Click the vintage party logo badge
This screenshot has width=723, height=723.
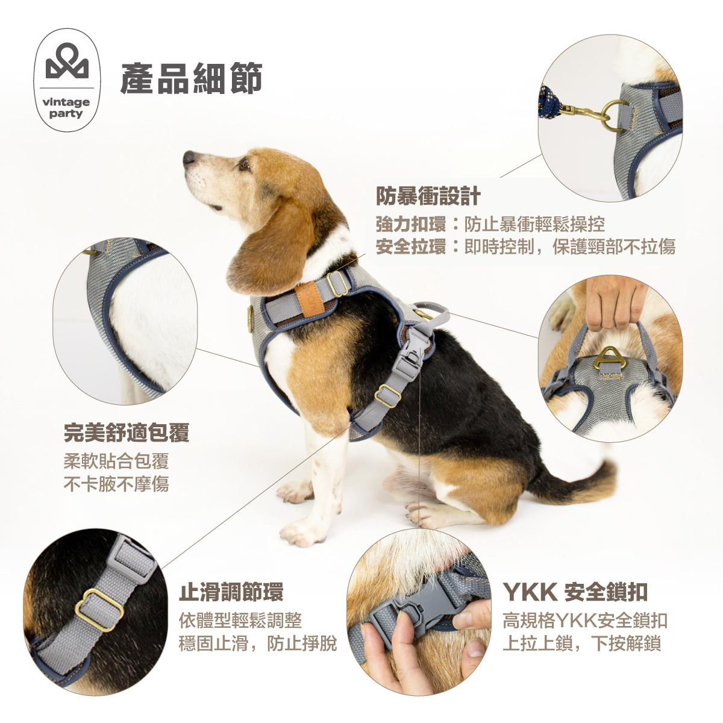[x=66, y=80]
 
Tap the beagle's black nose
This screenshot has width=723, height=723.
[x=189, y=158]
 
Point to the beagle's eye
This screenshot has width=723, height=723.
[x=244, y=163]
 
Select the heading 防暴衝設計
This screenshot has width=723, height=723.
[x=428, y=196]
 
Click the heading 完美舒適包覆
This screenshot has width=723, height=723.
[x=127, y=433]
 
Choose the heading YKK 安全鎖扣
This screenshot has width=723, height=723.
[x=575, y=592]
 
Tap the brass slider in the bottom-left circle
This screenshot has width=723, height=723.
[x=99, y=609]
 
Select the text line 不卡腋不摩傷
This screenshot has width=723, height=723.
[x=116, y=484]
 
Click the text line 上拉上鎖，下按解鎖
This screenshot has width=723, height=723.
[x=581, y=643]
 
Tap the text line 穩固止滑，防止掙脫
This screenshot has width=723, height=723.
[x=258, y=643]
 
